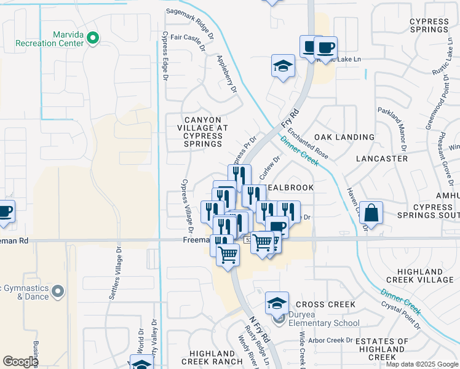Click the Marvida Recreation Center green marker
pyautogui.click(x=93, y=39)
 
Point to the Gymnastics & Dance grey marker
pyautogui.click(x=58, y=290)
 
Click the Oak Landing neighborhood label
pyautogui.click(x=344, y=137)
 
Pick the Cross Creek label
pyautogui.click(x=325, y=304)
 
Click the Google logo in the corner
pyautogui.click(x=20, y=362)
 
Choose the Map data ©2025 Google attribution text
pyautogui.click(x=422, y=364)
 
